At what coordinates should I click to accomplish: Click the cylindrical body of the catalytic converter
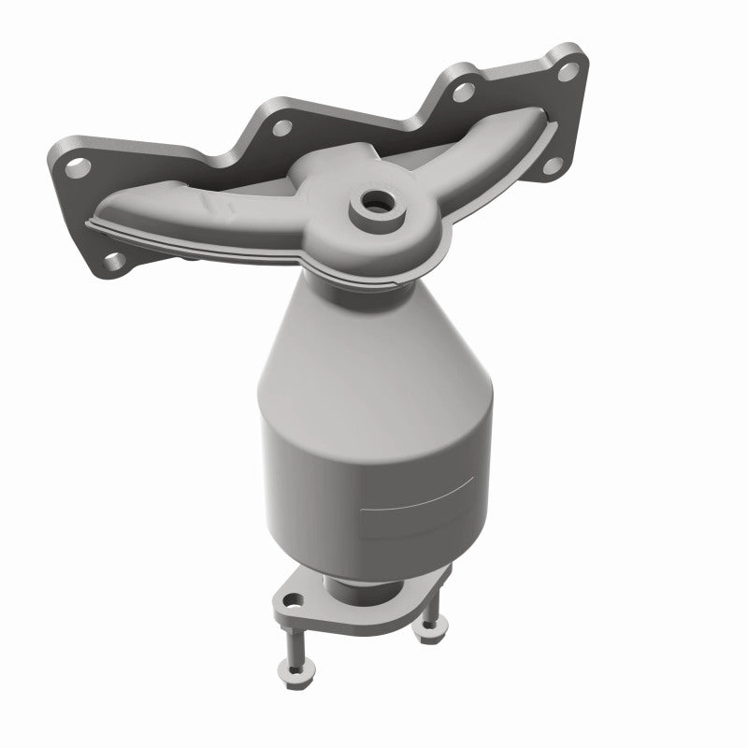pos(374,486)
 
